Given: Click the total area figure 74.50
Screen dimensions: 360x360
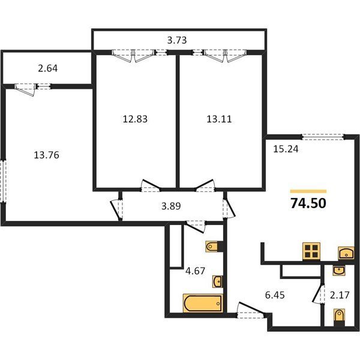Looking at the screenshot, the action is click(x=308, y=203).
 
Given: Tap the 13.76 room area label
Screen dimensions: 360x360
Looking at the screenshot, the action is click(x=46, y=155).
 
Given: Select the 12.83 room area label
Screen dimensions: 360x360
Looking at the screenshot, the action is click(x=135, y=119).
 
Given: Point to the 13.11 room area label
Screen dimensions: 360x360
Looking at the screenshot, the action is click(x=219, y=119).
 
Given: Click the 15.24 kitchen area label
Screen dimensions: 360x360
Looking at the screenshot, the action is click(x=286, y=149).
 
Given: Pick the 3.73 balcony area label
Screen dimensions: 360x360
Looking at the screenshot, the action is click(x=177, y=40).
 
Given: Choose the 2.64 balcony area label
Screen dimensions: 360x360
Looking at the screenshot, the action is click(x=47, y=68).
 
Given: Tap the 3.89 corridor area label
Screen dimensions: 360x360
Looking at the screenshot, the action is click(x=171, y=206).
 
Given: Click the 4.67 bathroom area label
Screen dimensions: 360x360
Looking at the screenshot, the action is click(x=195, y=271).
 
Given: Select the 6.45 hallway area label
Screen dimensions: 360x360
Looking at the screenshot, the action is click(x=275, y=295).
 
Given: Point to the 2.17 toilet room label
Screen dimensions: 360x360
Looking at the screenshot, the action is click(x=340, y=295).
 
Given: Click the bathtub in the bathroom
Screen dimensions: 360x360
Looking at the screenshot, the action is click(x=203, y=303).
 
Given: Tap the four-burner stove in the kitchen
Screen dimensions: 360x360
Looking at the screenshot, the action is click(x=311, y=251).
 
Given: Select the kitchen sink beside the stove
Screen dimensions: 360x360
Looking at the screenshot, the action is click(x=346, y=253).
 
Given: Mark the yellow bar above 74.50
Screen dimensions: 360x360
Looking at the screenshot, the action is click(x=308, y=191).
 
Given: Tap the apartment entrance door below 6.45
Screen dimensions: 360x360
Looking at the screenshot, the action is click(x=251, y=311).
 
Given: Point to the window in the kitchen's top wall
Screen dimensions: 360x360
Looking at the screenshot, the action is click(x=323, y=137).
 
